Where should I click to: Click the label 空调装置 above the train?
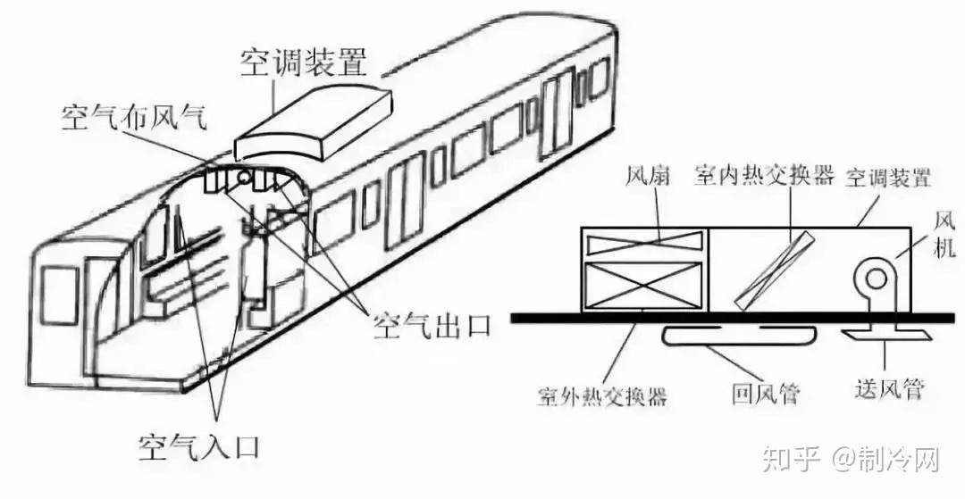(x=304, y=62)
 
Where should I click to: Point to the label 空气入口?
(x=205, y=444)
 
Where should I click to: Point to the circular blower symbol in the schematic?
(x=873, y=279)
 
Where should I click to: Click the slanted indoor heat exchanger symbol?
(x=776, y=269)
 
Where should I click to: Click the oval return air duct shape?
(x=740, y=333)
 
